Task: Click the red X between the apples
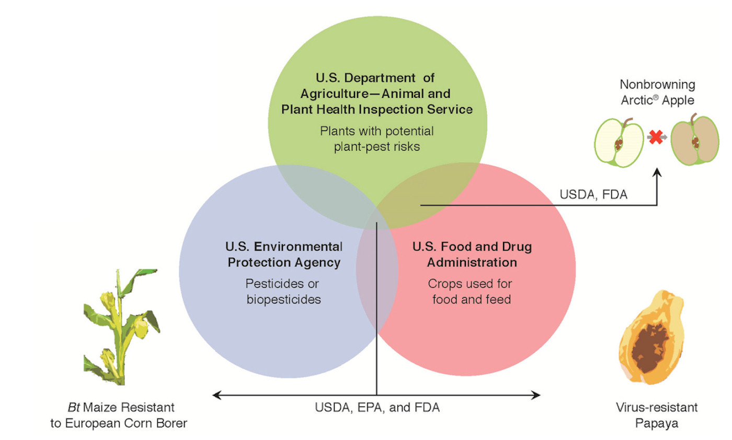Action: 655,138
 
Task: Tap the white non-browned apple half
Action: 620,142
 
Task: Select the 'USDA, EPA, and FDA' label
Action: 377,408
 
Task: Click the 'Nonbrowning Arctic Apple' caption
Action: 657,92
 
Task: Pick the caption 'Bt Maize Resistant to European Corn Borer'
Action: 119,415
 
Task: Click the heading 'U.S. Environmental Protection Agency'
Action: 284,254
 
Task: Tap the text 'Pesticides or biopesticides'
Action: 283,291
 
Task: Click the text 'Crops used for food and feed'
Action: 470,291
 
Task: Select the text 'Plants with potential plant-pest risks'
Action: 376,139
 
